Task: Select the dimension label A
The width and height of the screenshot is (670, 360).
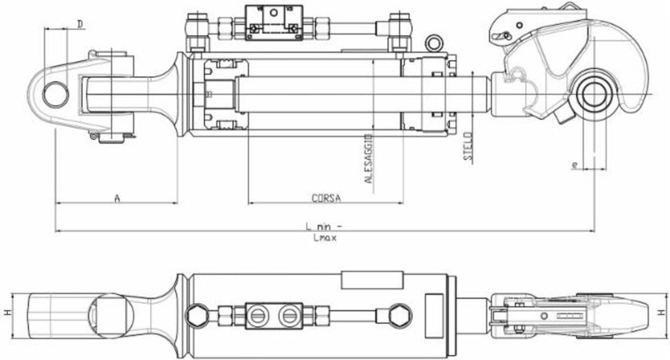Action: (117, 197)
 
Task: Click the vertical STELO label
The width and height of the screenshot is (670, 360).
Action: (469, 147)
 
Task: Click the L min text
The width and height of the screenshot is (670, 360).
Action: (324, 226)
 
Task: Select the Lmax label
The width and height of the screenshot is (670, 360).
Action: (323, 238)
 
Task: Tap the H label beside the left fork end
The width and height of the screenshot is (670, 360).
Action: (7, 313)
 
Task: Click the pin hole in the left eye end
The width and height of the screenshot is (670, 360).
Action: (54, 94)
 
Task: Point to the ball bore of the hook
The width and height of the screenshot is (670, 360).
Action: (594, 94)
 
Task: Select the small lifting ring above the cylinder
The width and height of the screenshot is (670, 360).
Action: (434, 42)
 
